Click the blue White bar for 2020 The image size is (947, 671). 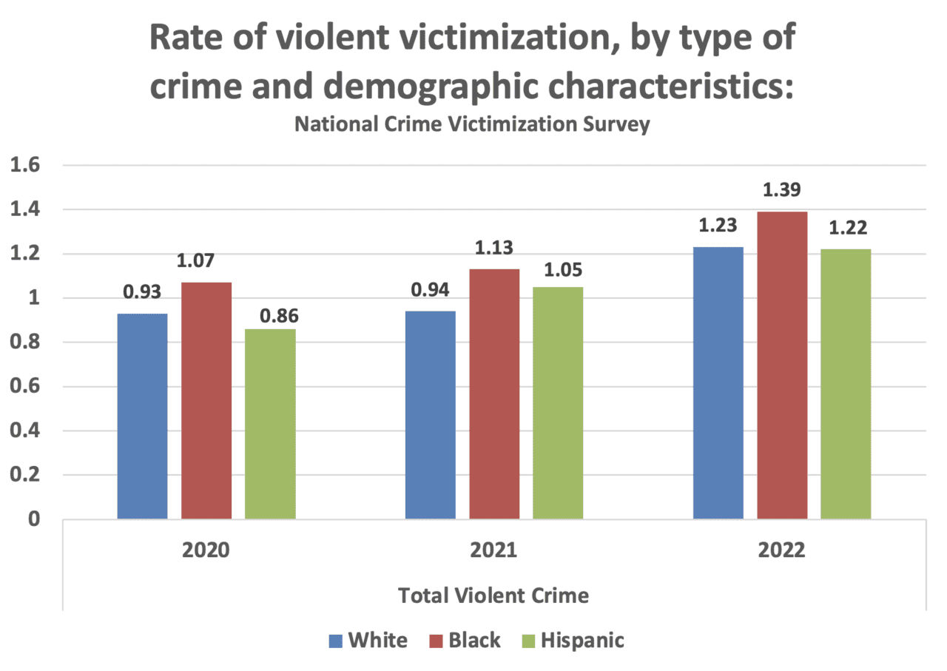(143, 417)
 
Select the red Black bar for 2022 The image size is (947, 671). (782, 365)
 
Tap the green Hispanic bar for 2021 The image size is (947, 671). (558, 403)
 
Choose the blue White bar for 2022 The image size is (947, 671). (718, 383)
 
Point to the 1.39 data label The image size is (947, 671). (782, 191)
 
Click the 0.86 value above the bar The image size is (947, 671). (279, 316)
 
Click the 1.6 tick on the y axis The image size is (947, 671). (25, 166)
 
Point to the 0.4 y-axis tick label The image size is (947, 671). (25, 431)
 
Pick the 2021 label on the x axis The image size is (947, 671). (494, 552)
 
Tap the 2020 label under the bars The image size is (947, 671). (206, 552)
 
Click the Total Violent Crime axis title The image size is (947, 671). (494, 595)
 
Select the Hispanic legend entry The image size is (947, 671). (582, 640)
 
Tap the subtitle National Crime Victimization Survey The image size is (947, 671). (472, 124)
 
